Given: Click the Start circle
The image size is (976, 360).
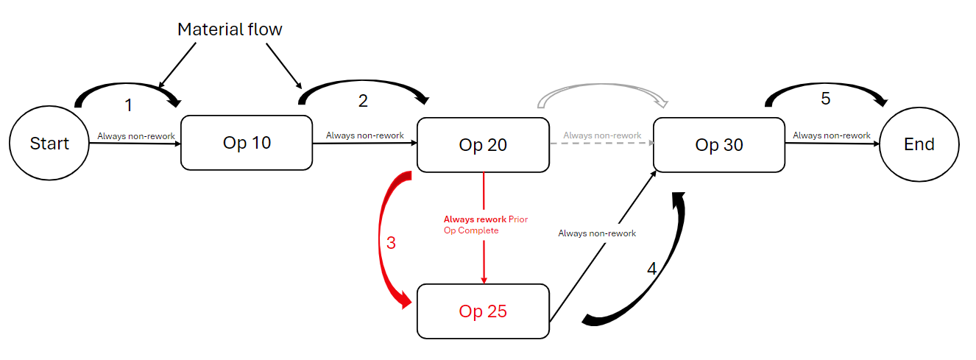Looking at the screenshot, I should point(49,143).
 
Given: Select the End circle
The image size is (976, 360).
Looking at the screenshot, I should point(919,144).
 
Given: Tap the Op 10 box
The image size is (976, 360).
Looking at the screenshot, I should point(247,143).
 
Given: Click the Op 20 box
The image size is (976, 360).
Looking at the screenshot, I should point(483,144).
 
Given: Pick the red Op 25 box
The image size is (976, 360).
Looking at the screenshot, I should point(483,311).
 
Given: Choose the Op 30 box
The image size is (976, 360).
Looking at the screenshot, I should point(719,144).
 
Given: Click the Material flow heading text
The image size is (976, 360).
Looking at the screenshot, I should point(230,30).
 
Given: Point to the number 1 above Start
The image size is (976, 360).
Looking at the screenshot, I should point(129,106).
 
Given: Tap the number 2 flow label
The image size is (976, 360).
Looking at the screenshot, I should point(363,102).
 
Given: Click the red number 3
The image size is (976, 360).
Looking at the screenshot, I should point(391,243).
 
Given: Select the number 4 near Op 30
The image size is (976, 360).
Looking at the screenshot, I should point(651,269).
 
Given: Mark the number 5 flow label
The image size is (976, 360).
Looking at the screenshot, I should point(826,99).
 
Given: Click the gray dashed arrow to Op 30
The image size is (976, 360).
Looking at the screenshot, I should point(601,144).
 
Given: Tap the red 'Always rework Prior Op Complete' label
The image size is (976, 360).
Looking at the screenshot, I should point(486,225).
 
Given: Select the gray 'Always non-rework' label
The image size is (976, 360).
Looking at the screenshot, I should point(602,135).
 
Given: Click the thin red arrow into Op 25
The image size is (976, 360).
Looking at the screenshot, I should point(484,254).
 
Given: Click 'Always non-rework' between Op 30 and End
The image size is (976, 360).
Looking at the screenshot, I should point(832,135).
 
